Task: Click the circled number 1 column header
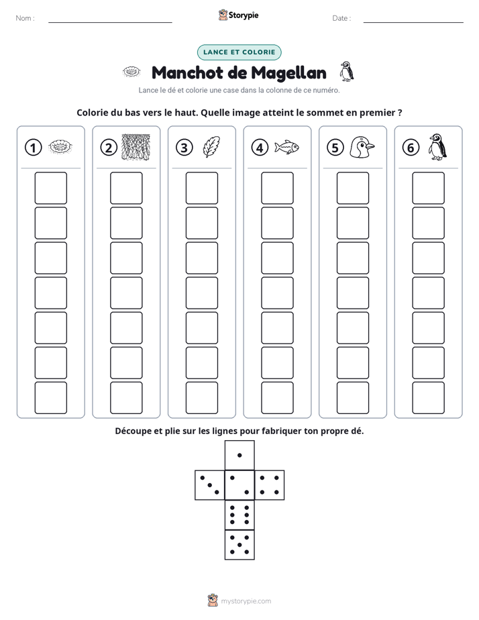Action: click(x=33, y=148)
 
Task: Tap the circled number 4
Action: click(x=260, y=148)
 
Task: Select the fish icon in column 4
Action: click(x=287, y=147)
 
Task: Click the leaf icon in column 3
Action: click(x=211, y=147)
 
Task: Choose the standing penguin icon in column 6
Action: click(x=437, y=147)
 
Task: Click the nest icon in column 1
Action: click(x=60, y=147)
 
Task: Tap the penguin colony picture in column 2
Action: click(x=136, y=147)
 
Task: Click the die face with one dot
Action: click(x=239, y=456)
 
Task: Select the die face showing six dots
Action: click(x=239, y=515)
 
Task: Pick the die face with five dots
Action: click(x=239, y=545)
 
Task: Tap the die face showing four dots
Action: click(x=270, y=485)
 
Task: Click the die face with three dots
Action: click(x=210, y=485)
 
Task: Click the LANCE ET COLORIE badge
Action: click(x=239, y=52)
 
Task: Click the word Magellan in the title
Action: click(x=289, y=73)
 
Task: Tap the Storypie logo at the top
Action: click(x=238, y=15)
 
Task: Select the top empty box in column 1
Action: click(x=50, y=188)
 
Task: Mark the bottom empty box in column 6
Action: click(x=429, y=398)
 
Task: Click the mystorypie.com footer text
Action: click(x=246, y=601)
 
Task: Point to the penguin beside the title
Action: click(x=347, y=72)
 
